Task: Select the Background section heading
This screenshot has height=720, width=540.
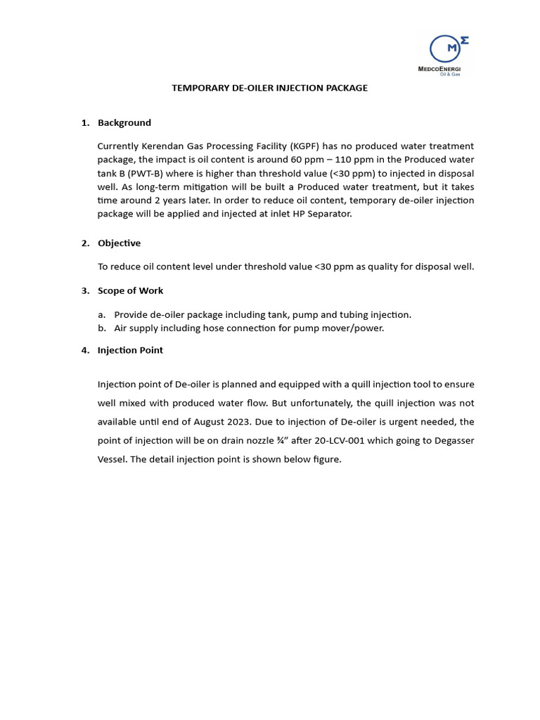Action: pyautogui.click(x=124, y=123)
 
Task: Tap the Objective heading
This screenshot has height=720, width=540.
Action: pyautogui.click(x=119, y=243)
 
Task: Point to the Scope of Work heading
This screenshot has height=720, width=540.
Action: pyautogui.click(x=130, y=290)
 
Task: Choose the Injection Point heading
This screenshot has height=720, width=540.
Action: pyautogui.click(x=130, y=350)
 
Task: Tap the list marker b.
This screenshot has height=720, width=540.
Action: pyautogui.click(x=102, y=328)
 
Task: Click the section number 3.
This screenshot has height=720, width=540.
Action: pyautogui.click(x=84, y=290)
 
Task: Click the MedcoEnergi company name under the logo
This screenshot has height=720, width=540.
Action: pyautogui.click(x=444, y=68)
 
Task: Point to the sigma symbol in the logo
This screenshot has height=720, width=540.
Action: pyautogui.click(x=463, y=40)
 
